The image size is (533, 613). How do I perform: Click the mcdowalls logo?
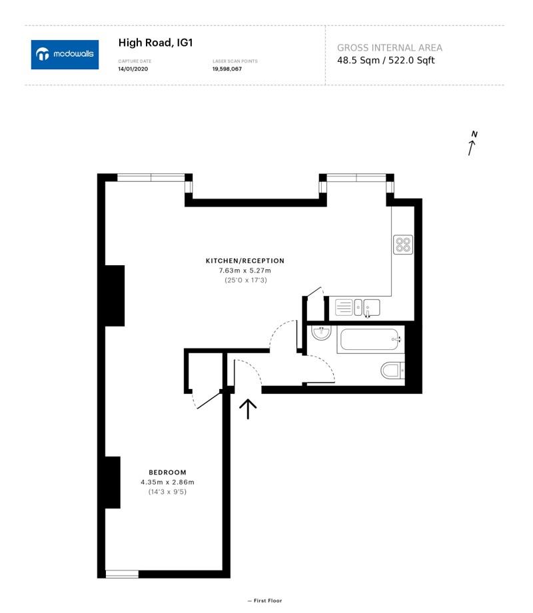(65, 55)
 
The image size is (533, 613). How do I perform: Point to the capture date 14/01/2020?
(131, 69)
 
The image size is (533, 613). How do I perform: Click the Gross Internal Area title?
(389, 48)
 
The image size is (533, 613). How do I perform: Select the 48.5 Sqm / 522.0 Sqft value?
(386, 61)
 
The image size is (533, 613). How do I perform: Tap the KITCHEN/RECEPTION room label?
(245, 261)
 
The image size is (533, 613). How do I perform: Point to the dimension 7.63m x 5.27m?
(245, 271)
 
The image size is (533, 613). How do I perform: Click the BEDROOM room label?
(167, 472)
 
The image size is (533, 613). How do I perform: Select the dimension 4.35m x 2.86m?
(167, 482)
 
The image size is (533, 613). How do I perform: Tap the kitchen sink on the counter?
(366, 307)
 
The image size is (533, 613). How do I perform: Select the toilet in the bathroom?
(392, 370)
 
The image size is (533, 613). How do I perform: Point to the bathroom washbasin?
(321, 333)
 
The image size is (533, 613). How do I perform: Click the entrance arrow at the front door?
(248, 408)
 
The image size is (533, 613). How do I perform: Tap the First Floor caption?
(265, 601)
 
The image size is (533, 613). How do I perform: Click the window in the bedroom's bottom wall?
(122, 574)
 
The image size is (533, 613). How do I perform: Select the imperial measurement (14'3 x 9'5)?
(167, 492)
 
